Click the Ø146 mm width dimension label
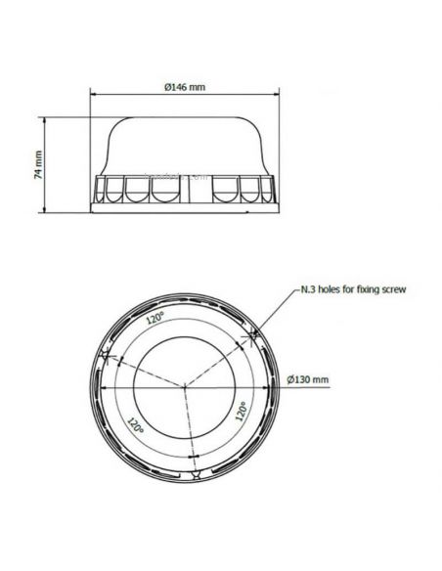coord(184,87)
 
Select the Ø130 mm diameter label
coord(309,378)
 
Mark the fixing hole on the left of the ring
coord(107,354)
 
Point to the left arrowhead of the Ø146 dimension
coord(93,95)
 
